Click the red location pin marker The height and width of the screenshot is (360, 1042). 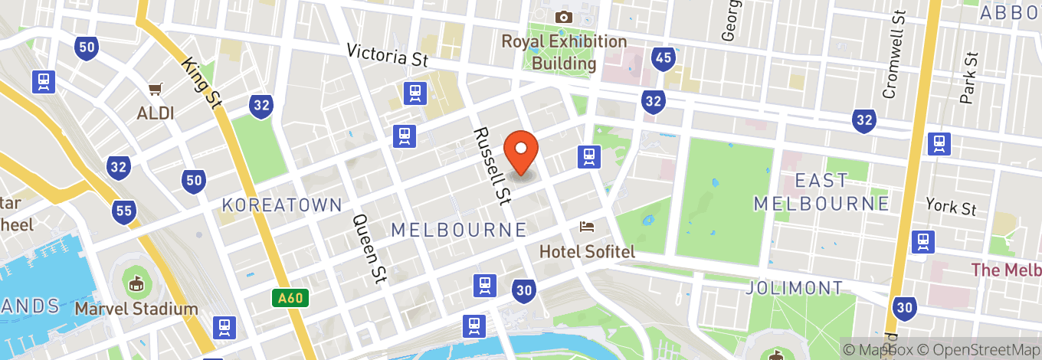(x=521, y=152)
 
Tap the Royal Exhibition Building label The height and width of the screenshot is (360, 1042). (x=564, y=52)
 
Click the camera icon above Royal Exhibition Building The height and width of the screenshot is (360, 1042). (x=564, y=17)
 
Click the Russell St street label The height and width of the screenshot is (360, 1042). (x=492, y=167)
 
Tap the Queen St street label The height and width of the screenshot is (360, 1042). (x=368, y=247)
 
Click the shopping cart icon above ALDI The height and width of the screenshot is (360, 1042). (x=156, y=90)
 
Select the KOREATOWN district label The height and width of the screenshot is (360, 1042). (x=282, y=205)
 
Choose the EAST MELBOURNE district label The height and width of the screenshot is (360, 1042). (x=821, y=191)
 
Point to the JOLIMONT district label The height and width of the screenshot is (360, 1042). (x=795, y=288)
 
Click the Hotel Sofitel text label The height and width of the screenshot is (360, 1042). (x=587, y=251)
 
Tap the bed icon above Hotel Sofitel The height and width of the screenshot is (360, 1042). (x=587, y=227)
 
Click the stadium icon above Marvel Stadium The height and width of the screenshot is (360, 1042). (x=136, y=283)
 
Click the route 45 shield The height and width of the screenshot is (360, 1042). (x=663, y=57)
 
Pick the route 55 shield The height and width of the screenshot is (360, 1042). (x=123, y=213)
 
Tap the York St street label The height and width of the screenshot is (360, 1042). (x=951, y=208)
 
